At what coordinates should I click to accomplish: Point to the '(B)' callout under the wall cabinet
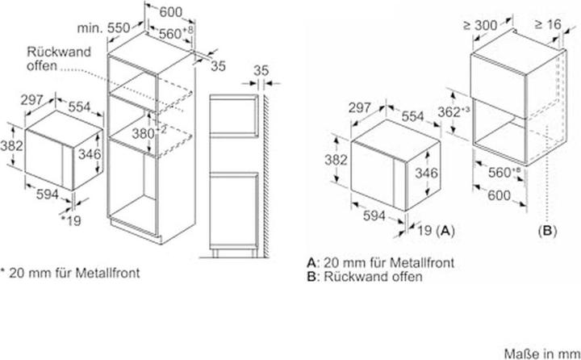(x=549, y=230)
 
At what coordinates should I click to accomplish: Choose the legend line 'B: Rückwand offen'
(x=365, y=276)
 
